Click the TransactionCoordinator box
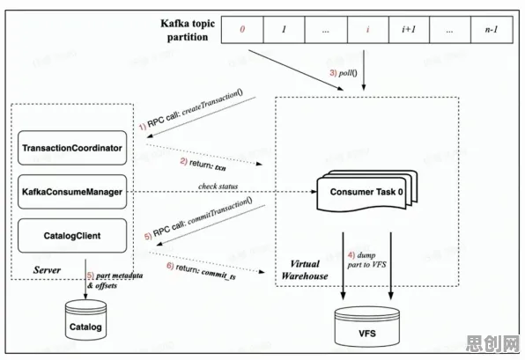tap(72, 148)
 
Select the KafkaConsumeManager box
tap(72, 192)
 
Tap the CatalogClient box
tap(72, 236)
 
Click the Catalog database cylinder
tap(85, 320)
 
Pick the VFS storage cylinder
tap(367, 327)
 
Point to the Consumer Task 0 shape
tap(367, 192)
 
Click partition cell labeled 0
tap(242, 30)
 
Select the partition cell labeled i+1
tap(409, 30)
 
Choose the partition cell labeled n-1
tap(492, 30)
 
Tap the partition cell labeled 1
tap(284, 30)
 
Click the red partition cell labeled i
tap(368, 30)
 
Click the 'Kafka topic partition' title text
tap(188, 30)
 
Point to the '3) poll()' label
tap(344, 73)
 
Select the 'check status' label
tap(218, 186)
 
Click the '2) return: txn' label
tap(203, 165)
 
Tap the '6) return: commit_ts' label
tap(201, 271)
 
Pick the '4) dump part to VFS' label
tap(366, 260)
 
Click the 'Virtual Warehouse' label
tap(305, 269)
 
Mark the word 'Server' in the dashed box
tap(47, 270)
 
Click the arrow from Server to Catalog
tap(85, 279)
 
